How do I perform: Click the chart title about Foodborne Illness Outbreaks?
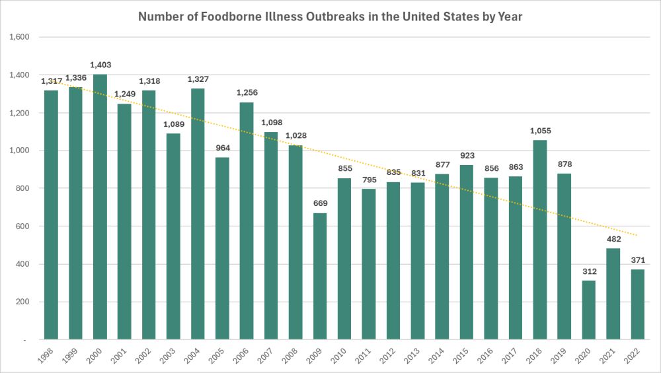[x=330, y=17]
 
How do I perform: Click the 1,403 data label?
[x=100, y=65]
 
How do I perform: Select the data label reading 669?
[x=320, y=203]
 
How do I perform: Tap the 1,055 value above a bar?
[x=540, y=131]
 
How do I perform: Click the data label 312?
[x=588, y=271]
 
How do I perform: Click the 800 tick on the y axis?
[x=24, y=189]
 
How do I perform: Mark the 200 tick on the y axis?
[x=24, y=302]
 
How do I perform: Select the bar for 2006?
[x=247, y=220]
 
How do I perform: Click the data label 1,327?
[x=198, y=79]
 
